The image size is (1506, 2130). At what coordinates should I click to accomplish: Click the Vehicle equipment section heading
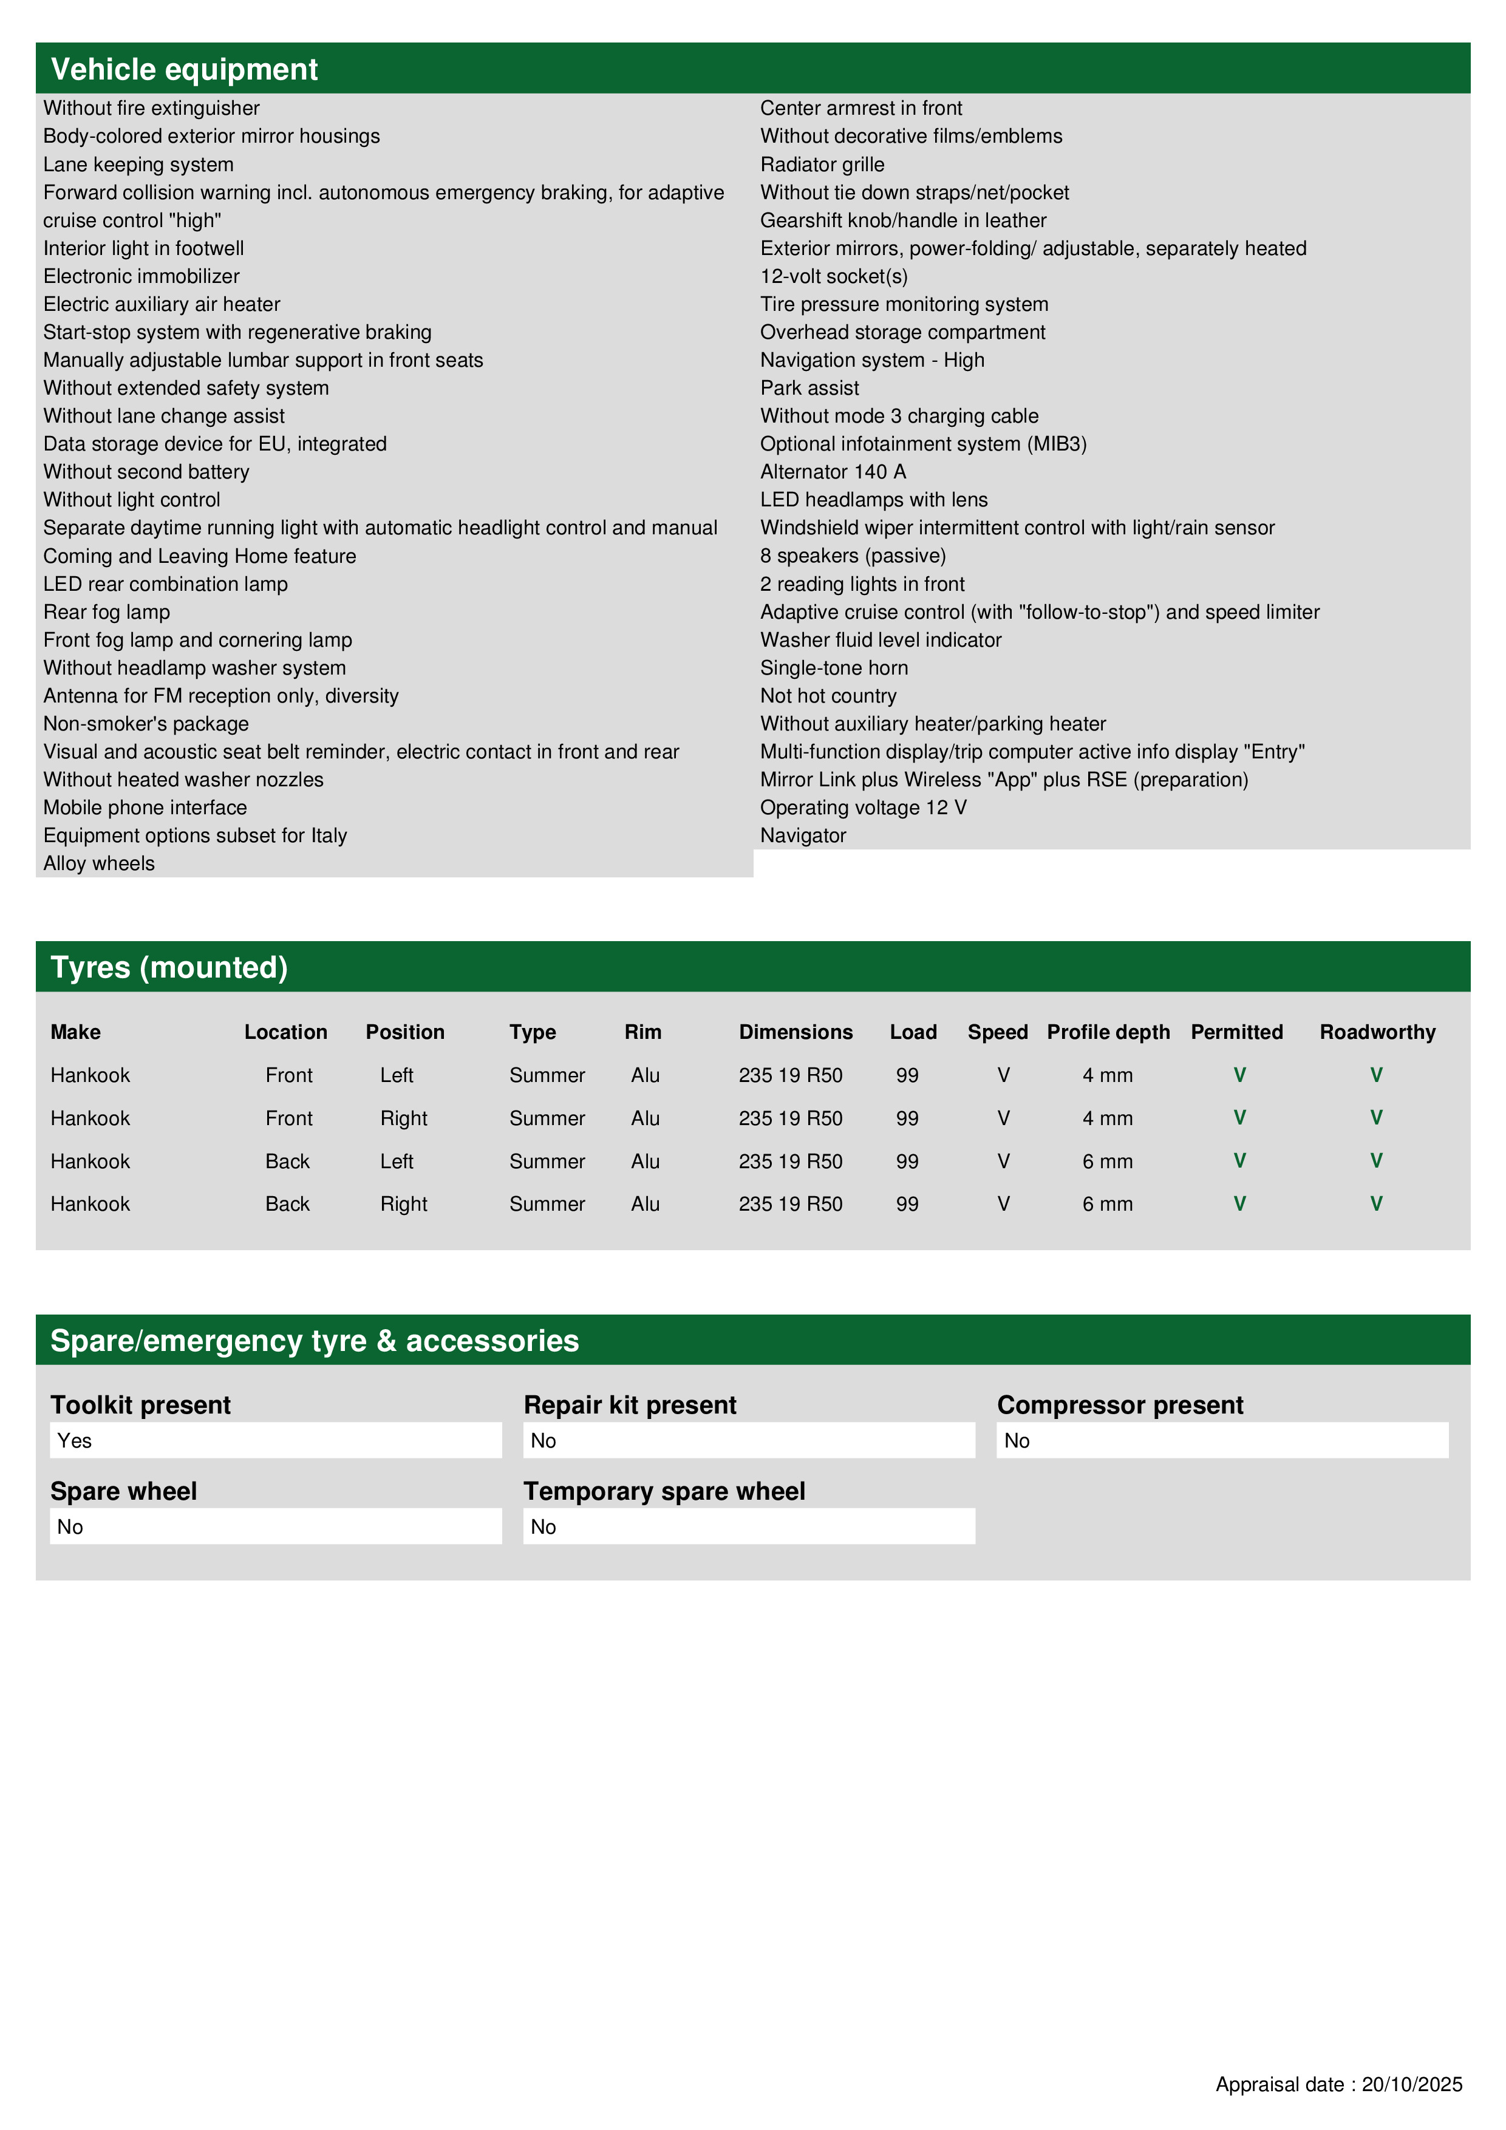point(184,70)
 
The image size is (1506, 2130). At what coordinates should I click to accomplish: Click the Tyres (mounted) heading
point(169,968)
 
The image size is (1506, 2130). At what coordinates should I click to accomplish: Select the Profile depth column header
point(1108,1033)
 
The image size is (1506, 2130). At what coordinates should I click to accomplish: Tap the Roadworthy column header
point(1377,1033)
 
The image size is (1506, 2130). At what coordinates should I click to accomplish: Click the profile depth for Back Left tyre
point(1107,1162)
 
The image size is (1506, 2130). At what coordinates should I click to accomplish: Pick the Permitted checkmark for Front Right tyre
point(1239,1118)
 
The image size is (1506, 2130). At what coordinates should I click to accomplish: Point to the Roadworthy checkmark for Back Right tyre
point(1376,1204)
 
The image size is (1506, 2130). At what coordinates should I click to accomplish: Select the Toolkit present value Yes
point(75,1441)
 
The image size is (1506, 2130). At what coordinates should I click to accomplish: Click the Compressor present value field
point(1221,1441)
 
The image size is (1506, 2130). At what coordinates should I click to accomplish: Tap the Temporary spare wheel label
point(664,1492)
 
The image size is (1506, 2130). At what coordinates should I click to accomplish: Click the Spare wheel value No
point(70,1527)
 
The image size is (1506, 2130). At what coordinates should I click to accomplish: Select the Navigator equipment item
point(803,836)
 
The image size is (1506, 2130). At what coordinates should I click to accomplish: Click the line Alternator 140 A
point(833,472)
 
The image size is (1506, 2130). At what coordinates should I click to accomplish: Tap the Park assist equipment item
point(809,389)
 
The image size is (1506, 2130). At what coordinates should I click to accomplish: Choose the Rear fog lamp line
point(107,612)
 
